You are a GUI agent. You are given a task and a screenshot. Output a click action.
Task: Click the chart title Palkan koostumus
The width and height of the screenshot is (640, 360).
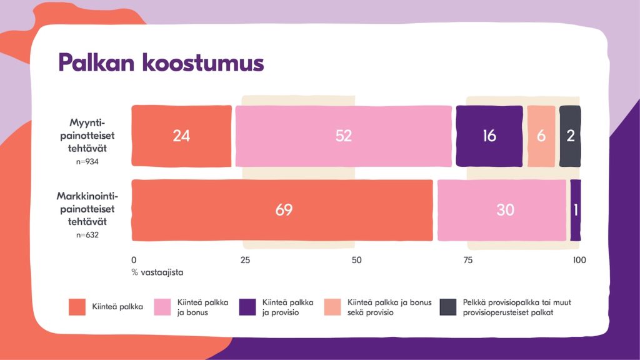point(161,62)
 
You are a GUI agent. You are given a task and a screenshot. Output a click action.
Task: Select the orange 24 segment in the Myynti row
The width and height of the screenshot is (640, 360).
point(181,136)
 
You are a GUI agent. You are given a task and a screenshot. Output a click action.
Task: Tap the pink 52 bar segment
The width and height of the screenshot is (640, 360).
point(344,136)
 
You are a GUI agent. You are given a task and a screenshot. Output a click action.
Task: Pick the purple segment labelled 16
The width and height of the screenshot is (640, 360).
point(489,136)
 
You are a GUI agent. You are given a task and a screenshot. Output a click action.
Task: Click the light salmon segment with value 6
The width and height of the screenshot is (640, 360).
point(541,136)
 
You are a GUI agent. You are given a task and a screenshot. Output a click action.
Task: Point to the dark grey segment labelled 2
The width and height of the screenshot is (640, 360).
point(570,136)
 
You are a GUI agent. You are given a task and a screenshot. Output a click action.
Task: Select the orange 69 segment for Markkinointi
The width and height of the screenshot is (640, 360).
point(282,210)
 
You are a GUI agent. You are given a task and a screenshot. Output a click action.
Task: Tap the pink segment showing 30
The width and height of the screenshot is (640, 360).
point(502,210)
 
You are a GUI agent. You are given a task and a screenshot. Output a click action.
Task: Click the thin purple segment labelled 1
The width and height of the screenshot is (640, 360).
point(576,210)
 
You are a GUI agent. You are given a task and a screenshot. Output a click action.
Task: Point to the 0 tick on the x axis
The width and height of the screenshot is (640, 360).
point(134,260)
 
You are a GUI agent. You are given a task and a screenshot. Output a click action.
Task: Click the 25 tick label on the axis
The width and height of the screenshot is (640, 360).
point(245,260)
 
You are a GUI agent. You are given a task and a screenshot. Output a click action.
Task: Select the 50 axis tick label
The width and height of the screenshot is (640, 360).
point(356,260)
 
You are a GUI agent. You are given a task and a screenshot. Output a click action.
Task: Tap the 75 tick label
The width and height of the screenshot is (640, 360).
point(467,260)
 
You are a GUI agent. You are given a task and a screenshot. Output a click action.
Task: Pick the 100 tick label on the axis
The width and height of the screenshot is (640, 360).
point(579,260)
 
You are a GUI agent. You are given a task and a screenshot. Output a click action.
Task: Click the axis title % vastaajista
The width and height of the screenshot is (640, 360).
point(157,272)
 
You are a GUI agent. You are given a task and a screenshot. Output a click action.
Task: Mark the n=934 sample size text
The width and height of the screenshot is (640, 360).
point(87,162)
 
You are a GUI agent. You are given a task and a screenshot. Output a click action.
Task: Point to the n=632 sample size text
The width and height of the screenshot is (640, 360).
point(87,235)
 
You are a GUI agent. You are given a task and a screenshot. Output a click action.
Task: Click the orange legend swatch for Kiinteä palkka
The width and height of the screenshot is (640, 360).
point(77,307)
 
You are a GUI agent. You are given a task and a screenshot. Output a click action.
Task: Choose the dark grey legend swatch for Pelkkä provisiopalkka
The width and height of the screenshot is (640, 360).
point(447,307)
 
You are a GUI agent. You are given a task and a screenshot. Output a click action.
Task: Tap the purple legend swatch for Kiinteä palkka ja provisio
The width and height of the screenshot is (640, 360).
point(247,307)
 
